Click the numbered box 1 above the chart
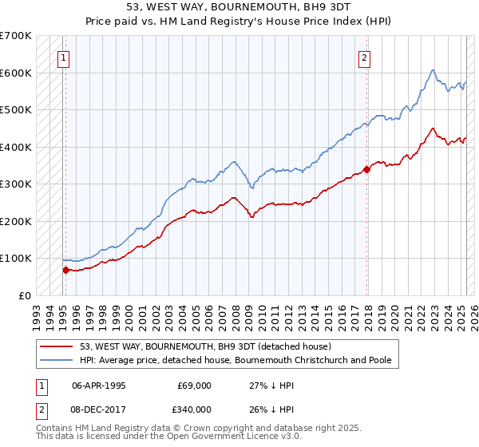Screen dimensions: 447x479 point(63,57)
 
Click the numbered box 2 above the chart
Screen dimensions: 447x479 point(364,57)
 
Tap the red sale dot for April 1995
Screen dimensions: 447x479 point(65,270)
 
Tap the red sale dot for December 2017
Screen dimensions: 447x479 point(367,169)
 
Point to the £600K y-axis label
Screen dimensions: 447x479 point(16,73)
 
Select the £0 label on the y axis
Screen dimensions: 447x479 point(26,295)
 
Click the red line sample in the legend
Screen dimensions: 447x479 point(57,346)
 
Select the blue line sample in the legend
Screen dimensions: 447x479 point(57,360)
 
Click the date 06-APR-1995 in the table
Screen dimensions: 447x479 point(99,385)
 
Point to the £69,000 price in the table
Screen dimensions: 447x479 point(193,385)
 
